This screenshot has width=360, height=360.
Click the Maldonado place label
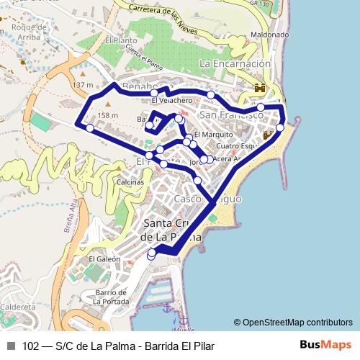point(269,34)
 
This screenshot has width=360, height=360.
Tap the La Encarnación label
point(235,63)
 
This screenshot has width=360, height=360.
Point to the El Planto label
point(120,41)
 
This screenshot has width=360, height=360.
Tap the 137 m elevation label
point(83,85)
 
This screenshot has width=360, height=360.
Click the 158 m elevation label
point(107,115)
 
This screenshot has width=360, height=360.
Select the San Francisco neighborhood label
point(231,114)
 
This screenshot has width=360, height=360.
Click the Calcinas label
point(129,182)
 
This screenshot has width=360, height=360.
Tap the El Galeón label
point(101,258)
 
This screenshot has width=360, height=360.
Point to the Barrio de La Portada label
point(110,297)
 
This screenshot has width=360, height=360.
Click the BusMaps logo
point(326,345)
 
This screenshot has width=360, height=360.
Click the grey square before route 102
point(11,346)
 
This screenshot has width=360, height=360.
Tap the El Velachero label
point(171,101)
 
